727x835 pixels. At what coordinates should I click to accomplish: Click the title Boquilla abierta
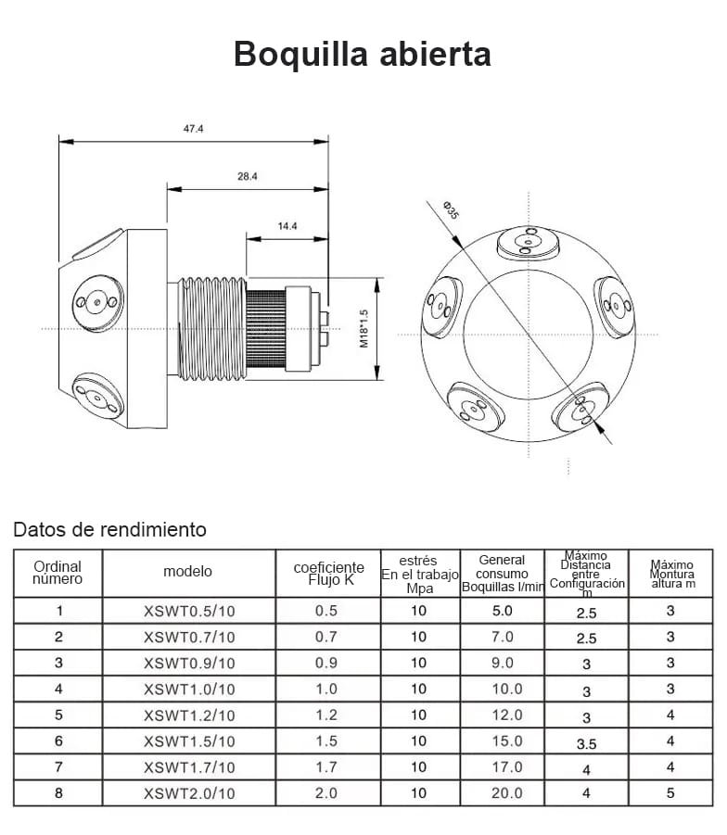pos(363,53)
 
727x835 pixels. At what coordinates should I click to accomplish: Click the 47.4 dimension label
pos(193,129)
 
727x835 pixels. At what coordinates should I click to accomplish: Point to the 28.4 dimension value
pos(247,175)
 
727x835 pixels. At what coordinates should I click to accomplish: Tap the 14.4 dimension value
pos(287,225)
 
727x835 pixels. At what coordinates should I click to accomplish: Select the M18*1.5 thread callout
pos(364,328)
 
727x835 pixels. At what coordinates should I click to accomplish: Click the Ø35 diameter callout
pos(451,209)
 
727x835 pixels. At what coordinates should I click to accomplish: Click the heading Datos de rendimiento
pos(109,530)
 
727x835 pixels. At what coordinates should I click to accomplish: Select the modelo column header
pos(187,572)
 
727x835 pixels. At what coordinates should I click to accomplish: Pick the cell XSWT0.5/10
pos(189,611)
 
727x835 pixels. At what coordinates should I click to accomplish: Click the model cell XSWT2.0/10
pos(189,793)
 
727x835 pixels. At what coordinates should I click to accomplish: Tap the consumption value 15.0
pos(502,740)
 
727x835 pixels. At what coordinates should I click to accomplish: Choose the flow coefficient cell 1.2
pos(326,715)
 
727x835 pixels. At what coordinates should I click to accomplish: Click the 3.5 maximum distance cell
pos(586,743)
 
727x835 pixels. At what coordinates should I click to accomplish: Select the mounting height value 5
pos(670,793)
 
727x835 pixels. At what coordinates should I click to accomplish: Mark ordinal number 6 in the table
pos(58,741)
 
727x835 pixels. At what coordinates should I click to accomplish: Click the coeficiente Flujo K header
pos(328,573)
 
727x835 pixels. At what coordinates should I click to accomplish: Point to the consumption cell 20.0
pos(502,793)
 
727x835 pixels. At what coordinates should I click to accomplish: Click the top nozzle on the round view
pos(527,243)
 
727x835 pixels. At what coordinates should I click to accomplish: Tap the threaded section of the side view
pos(212,327)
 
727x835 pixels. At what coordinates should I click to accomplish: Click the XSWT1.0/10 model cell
pos(189,690)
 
